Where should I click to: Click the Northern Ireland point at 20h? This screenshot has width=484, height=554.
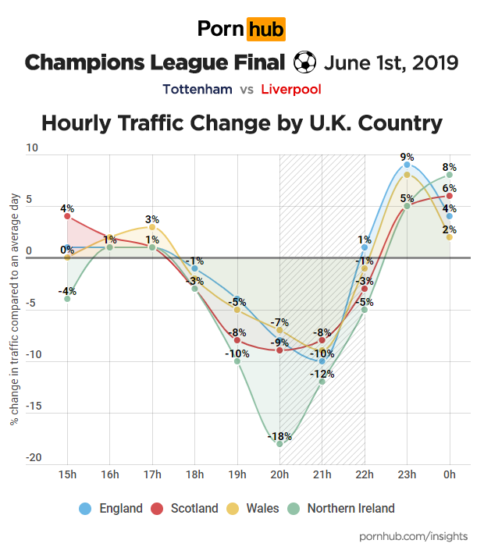(279, 443)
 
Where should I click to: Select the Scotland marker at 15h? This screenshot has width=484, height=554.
(67, 216)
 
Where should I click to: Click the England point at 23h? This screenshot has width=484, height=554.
(407, 165)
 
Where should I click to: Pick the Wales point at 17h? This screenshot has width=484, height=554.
(152, 227)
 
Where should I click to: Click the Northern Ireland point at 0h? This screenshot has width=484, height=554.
(450, 175)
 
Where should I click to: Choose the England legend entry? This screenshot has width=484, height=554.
(111, 509)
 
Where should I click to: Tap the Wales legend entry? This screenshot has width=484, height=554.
(253, 509)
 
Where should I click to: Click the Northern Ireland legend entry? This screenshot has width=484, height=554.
(341, 509)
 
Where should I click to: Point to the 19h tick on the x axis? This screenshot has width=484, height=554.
(237, 474)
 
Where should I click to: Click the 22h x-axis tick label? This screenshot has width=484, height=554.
(365, 474)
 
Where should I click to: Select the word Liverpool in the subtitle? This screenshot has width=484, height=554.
(291, 89)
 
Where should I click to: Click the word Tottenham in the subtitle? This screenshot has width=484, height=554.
(198, 89)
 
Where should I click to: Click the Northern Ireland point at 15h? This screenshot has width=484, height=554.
(67, 299)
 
